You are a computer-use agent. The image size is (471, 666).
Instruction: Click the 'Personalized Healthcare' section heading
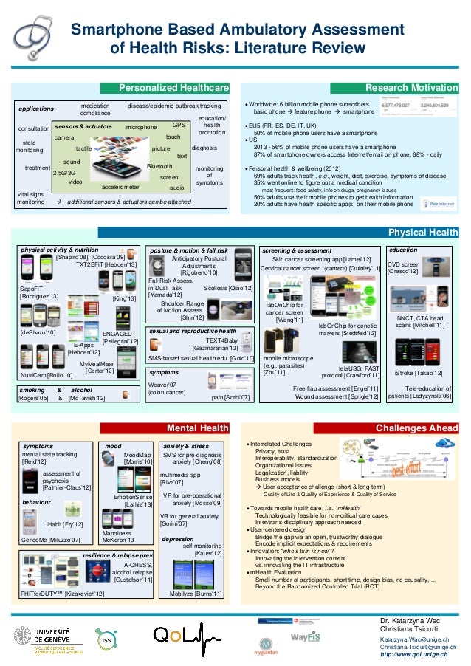coord(174,88)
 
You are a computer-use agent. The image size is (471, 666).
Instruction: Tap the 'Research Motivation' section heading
coord(417,88)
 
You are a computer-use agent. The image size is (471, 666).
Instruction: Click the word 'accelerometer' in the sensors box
coord(120,188)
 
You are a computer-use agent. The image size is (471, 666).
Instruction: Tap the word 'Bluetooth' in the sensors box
coord(159,167)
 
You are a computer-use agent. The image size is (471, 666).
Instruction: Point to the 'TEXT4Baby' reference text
coord(221,340)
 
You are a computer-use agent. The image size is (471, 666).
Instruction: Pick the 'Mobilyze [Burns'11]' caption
coord(196,614)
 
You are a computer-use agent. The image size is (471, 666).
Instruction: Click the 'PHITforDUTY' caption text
coord(62,614)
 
